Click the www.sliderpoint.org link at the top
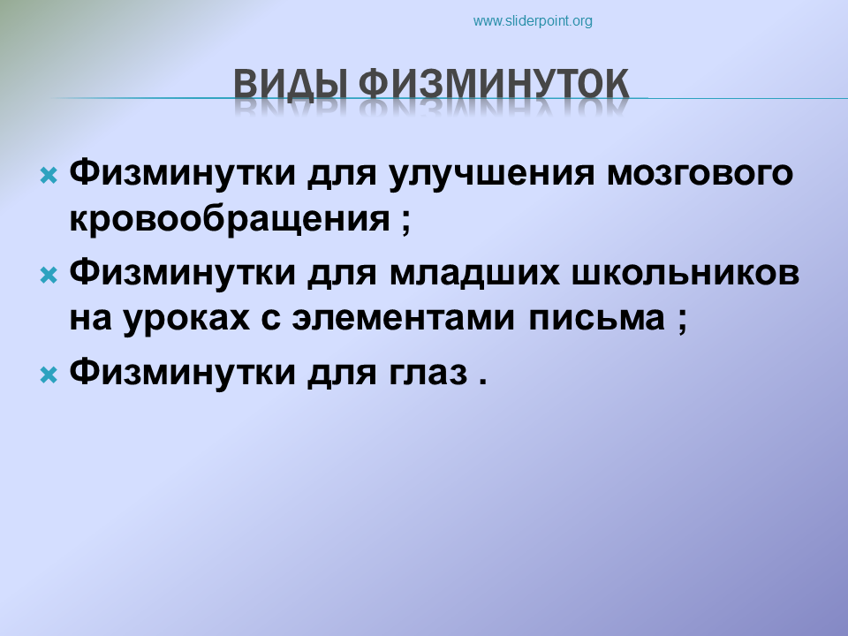pos(533,21)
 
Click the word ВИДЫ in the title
pos(290,85)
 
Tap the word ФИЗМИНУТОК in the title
pos(494,85)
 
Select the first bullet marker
pos(49,176)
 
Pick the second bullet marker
pos(49,276)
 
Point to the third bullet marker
pos(49,375)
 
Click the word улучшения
pos(492,174)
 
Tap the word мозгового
pos(700,174)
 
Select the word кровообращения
pos(230,219)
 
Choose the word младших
pos(474,273)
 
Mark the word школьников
pos(685,273)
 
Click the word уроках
pos(186,319)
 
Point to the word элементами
pos(404,319)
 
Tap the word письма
pos(596,319)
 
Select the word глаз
pos(428,373)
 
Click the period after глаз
pos(482,381)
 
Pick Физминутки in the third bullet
pos(182,371)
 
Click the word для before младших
pos(342,274)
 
